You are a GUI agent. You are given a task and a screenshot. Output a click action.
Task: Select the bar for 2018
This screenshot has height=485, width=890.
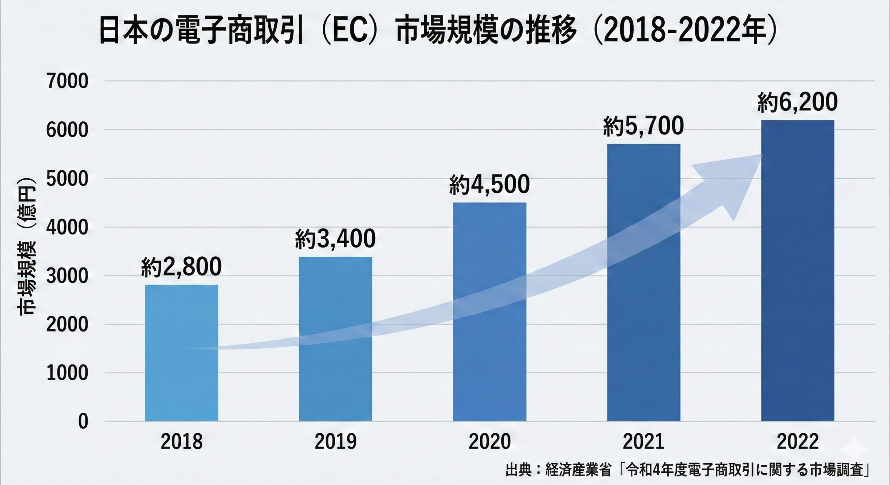pyautogui.click(x=181, y=353)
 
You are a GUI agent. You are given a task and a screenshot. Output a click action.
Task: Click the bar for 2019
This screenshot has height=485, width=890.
pyautogui.click(x=335, y=339)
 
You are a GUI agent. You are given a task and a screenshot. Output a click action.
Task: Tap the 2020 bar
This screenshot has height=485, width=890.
pyautogui.click(x=489, y=312)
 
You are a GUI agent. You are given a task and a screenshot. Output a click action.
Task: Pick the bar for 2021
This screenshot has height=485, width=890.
pyautogui.click(x=644, y=282)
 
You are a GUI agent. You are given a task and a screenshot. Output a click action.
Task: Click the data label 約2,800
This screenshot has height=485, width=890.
pyautogui.click(x=181, y=267)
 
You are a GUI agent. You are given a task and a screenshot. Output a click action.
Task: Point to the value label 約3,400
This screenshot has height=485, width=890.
pyautogui.click(x=335, y=239)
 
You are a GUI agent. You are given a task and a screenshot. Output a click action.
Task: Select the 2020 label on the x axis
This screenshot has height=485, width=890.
pyautogui.click(x=489, y=442)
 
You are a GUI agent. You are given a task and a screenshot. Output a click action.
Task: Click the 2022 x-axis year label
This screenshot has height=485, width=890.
pyautogui.click(x=798, y=442)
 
